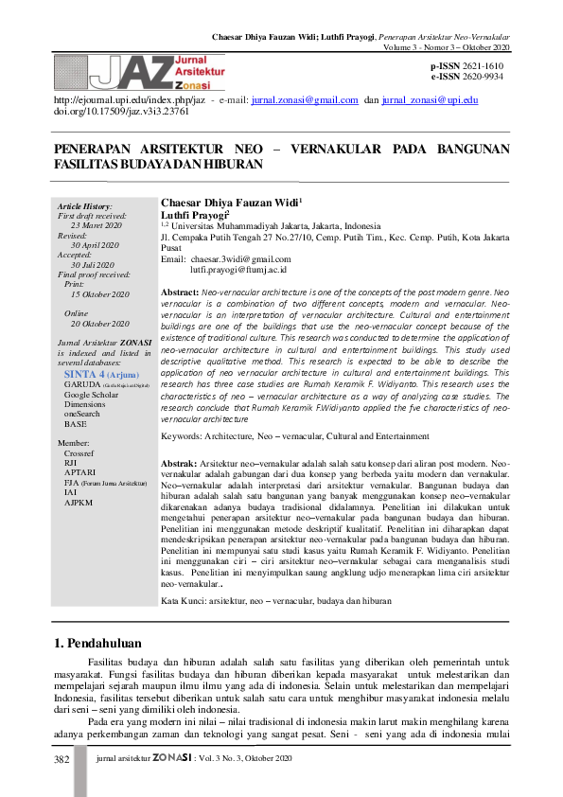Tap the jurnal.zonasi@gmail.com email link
(x=304, y=99)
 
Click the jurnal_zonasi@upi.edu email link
(x=430, y=99)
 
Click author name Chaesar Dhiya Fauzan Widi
(x=229, y=203)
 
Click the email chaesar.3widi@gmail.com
(x=240, y=258)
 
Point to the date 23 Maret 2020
(x=96, y=226)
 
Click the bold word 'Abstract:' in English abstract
(x=180, y=294)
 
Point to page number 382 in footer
(x=62, y=759)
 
